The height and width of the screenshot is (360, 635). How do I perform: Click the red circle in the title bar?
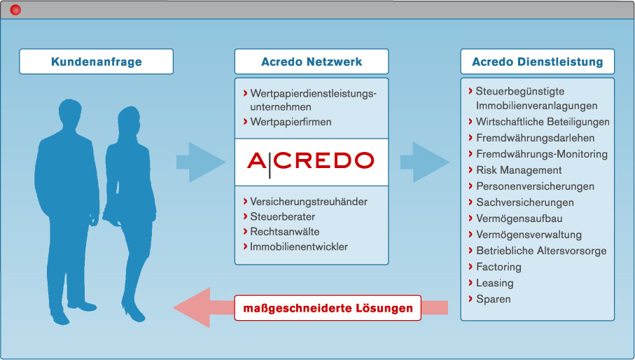15,10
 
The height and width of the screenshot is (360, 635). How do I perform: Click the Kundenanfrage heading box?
97,62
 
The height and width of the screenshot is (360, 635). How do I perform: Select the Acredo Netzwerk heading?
312,62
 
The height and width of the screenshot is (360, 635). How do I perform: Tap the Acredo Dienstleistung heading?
538,62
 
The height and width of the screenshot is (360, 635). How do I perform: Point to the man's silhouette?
67,211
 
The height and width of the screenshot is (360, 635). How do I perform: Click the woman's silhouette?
130,214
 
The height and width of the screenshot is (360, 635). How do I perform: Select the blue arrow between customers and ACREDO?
201,162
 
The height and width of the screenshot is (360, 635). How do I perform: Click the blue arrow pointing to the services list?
425,162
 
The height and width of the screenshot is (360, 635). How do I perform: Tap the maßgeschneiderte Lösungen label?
328,308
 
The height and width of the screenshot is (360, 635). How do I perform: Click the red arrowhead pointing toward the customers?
192,307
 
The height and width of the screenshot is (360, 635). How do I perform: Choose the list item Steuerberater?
282,216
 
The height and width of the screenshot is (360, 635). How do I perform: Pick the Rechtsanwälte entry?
285,232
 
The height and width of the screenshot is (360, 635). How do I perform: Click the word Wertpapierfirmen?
291,122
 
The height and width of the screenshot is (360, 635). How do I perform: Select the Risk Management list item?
519,170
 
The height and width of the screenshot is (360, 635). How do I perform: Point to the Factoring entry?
498,267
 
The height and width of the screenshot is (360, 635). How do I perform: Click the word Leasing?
494,283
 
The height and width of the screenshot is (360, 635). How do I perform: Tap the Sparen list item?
494,299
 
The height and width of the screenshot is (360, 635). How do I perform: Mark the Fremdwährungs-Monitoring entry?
542,154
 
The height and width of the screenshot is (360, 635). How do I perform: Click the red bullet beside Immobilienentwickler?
246,247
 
